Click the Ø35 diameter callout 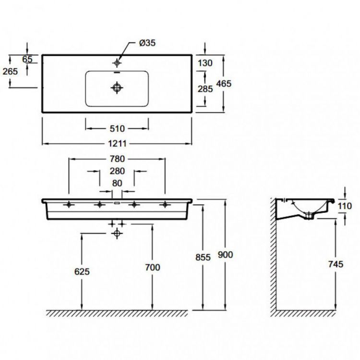pos(147,43)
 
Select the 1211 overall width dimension pos(117,144)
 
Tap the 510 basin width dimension pos(117,128)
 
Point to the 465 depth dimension pos(224,84)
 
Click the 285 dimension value pos(205,89)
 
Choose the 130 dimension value pos(205,63)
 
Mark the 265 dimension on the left pos(10,72)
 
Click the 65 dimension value pos(27,59)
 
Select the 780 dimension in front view pos(117,159)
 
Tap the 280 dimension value pos(117,171)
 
